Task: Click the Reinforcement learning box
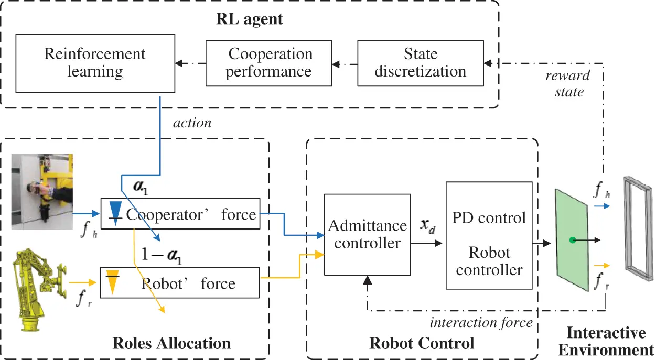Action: coord(95,62)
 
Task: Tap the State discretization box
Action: coord(420,62)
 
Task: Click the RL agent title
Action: coord(249,20)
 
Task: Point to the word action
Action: coord(192,123)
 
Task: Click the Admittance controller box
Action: coord(367,234)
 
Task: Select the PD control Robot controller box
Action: coord(489,235)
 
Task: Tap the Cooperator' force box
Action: coord(180,214)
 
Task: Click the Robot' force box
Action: coord(180,283)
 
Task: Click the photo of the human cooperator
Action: coord(42,191)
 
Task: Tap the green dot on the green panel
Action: coord(573,241)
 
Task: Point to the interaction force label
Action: coord(481,322)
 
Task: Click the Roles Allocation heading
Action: coord(171,343)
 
